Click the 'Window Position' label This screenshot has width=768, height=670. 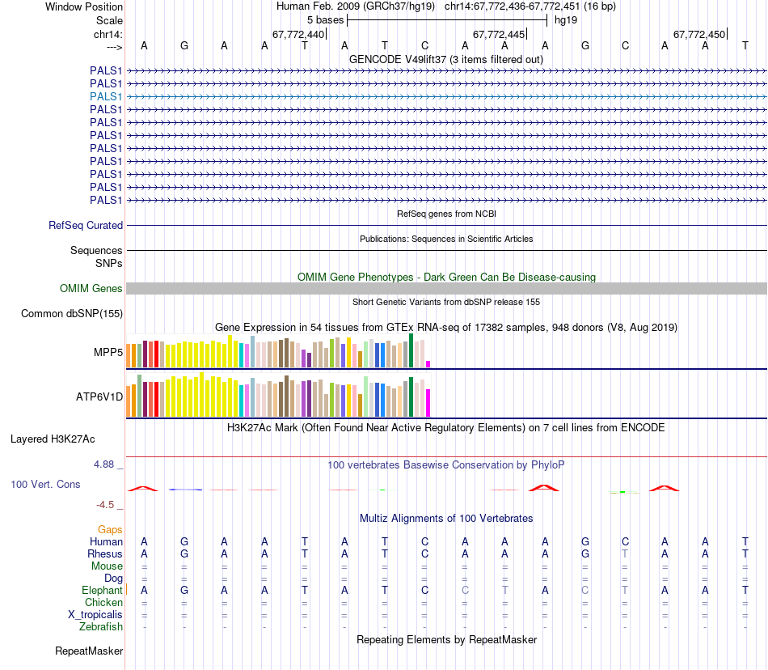84,6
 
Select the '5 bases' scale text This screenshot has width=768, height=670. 325,19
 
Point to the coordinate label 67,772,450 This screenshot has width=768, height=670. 698,34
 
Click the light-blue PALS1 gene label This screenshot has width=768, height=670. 106,96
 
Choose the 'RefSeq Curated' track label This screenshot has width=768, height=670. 86,226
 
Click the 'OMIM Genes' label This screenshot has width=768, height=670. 91,289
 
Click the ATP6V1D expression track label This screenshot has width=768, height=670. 99,397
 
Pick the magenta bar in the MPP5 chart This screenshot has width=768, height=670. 428,363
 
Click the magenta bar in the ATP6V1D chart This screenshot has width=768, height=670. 428,402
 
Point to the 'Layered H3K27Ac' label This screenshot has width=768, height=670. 53,439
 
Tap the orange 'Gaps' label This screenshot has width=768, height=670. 110,529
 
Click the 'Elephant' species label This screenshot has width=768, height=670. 102,591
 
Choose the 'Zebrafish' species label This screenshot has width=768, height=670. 101,627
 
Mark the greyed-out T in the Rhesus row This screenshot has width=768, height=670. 625,553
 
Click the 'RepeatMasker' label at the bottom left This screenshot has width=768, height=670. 89,651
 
